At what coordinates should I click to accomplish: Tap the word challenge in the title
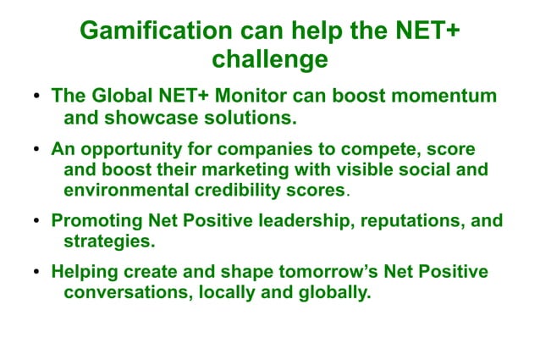(x=269, y=60)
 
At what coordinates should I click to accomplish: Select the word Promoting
(x=96, y=222)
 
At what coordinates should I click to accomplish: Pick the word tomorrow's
(x=315, y=273)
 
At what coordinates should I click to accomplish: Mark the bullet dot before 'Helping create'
(x=37, y=274)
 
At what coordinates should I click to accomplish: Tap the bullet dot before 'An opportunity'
(x=37, y=150)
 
